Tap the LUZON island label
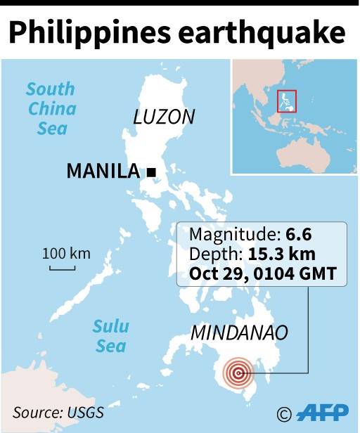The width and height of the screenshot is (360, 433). click(163, 117)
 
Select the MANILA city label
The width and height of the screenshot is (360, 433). click(103, 171)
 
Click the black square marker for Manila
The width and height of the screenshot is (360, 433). click(150, 172)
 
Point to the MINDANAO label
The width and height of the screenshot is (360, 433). click(239, 332)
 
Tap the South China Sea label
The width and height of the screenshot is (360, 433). click(50, 109)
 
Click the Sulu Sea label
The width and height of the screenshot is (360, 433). click(111, 336)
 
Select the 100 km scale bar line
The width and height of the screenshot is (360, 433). click(62, 267)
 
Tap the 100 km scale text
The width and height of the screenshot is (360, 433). click(66, 253)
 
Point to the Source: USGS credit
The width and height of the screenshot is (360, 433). click(58, 413)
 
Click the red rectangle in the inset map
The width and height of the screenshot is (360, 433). click(288, 101)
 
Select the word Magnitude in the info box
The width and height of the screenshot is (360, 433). click(226, 235)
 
